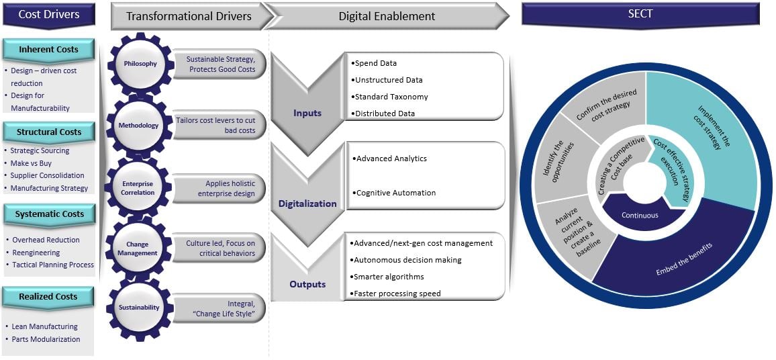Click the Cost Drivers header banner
click(x=48, y=14)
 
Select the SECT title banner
click(x=640, y=14)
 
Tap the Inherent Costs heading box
click(x=48, y=50)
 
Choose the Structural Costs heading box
click(x=48, y=132)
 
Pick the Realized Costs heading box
click(x=48, y=296)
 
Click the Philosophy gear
click(x=140, y=64)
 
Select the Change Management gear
click(x=138, y=249)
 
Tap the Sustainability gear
click(x=140, y=307)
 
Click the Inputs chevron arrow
click(x=307, y=107)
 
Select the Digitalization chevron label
click(x=307, y=203)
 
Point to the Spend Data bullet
click(x=375, y=63)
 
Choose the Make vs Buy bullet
click(x=31, y=163)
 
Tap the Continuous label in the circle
click(x=640, y=216)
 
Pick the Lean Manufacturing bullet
click(x=45, y=326)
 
